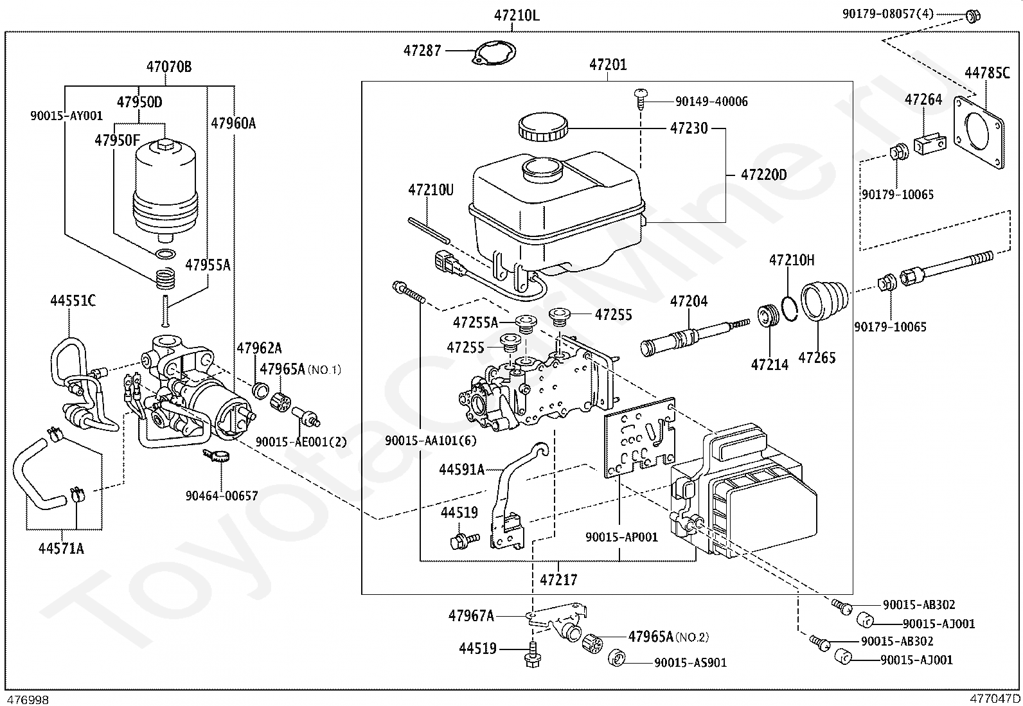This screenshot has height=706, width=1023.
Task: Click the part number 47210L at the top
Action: (x=516, y=15)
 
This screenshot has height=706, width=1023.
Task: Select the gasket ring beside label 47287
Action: (x=495, y=53)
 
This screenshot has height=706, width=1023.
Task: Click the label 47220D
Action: (x=763, y=175)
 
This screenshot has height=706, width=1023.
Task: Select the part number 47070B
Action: (x=168, y=67)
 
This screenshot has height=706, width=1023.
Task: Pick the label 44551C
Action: (x=73, y=301)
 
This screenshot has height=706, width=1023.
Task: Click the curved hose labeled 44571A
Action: (x=39, y=475)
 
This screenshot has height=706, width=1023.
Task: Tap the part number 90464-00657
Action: (x=222, y=495)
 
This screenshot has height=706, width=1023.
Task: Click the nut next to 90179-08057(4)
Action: (x=972, y=16)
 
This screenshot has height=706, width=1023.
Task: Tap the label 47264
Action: (x=923, y=100)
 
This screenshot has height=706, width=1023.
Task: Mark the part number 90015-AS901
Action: (x=690, y=662)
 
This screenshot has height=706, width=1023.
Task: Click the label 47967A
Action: (x=471, y=616)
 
